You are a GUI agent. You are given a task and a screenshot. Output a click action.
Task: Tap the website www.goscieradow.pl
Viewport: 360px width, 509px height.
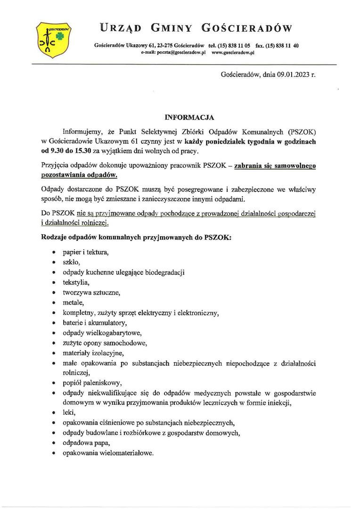click(x=233, y=53)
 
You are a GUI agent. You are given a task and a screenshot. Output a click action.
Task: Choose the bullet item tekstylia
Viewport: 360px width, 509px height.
click(x=76, y=282)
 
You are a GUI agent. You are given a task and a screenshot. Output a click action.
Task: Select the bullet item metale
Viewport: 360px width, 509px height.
click(x=74, y=302)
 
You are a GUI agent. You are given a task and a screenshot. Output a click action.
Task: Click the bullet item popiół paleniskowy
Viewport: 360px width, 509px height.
click(x=89, y=382)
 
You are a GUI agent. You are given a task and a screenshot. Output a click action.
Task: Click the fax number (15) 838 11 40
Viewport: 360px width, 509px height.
click(x=282, y=46)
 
